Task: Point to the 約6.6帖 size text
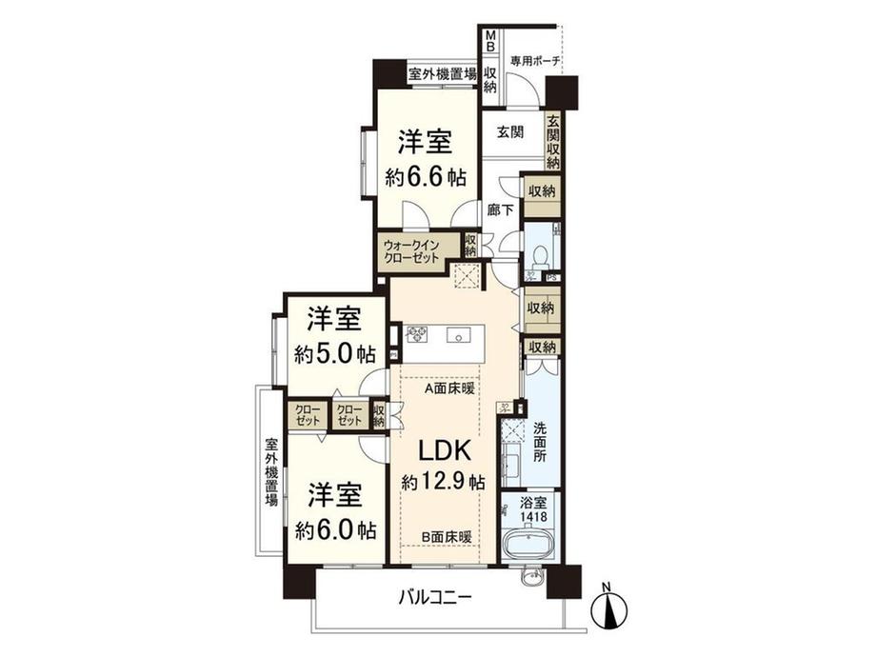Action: point(424,176)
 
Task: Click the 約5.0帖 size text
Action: point(334,354)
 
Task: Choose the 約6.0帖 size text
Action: point(334,528)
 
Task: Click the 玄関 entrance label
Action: point(510,132)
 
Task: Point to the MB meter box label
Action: point(490,44)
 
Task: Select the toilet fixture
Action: point(540,254)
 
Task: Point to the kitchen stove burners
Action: point(419,334)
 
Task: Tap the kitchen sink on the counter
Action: point(463,335)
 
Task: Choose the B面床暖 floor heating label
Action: point(448,536)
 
